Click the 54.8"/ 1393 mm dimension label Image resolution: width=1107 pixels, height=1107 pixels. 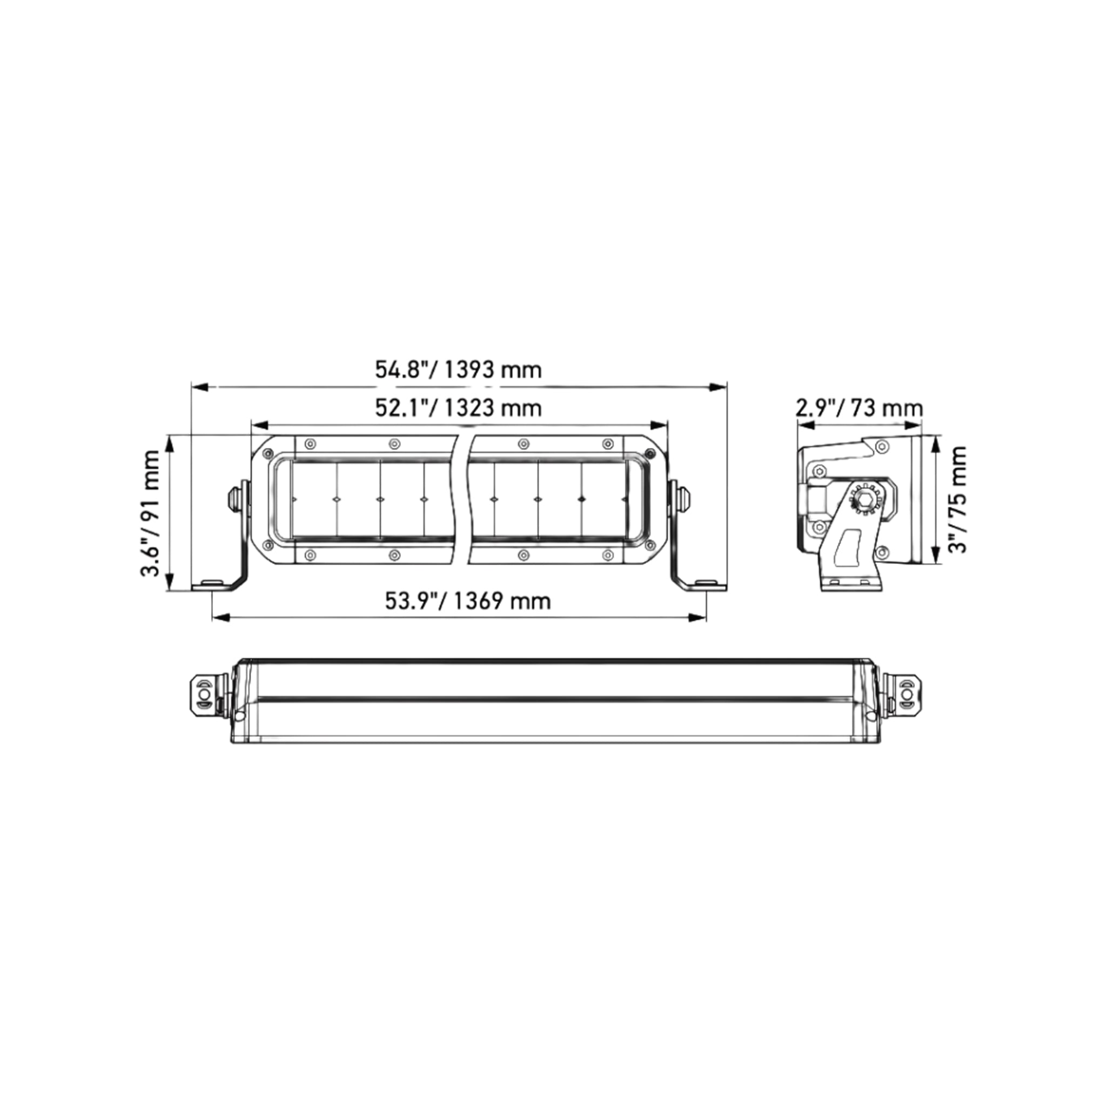point(458,370)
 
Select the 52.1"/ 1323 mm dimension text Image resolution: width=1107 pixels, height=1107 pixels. point(458,408)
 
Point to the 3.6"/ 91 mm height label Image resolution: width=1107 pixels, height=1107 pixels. point(152,513)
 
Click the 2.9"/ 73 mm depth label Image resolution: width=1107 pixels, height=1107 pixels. point(860,408)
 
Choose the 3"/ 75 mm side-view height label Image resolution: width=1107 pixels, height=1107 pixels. point(957,500)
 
